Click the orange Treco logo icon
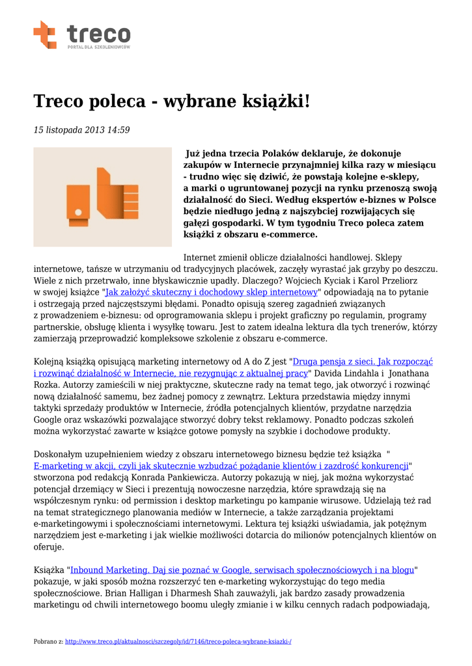point(45,34)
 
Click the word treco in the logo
point(98,33)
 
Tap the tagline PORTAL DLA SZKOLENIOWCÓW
point(98,47)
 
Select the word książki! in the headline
point(268,101)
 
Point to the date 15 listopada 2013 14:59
point(81,130)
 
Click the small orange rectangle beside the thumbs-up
point(78,202)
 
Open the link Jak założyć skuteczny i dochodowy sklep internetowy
point(212,292)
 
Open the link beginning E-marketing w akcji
point(221,466)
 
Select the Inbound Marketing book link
point(242,570)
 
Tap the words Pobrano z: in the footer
point(48,642)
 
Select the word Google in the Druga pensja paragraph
point(49,420)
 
